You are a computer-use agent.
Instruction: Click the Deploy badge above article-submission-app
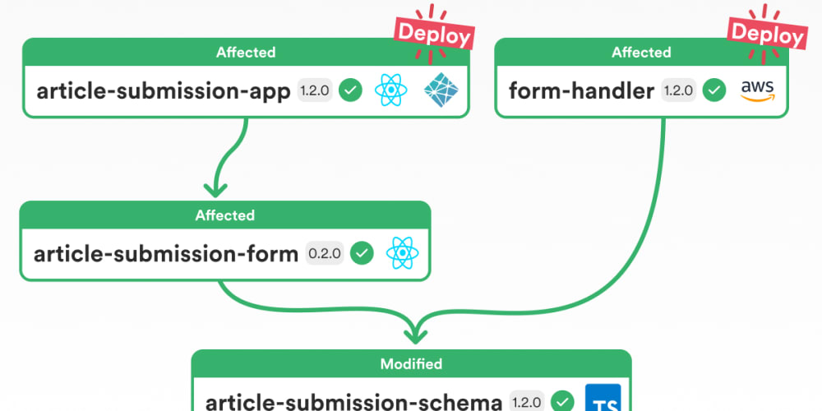click(x=435, y=34)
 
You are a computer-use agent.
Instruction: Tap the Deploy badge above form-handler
click(x=767, y=33)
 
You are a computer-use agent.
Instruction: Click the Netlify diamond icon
click(x=441, y=90)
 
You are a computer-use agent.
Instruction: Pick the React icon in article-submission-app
click(x=391, y=90)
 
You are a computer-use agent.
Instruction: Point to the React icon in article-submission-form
click(x=403, y=253)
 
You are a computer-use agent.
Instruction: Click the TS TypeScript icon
click(x=606, y=399)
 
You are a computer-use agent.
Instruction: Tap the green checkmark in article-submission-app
click(x=351, y=90)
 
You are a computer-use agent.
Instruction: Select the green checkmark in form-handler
click(x=713, y=90)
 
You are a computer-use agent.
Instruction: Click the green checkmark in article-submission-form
click(x=362, y=253)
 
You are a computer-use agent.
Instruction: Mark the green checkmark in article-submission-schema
click(x=562, y=402)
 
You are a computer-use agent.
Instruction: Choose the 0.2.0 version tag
click(x=325, y=253)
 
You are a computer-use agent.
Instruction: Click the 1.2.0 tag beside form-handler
click(x=678, y=90)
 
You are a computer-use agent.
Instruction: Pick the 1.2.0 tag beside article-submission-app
click(x=314, y=90)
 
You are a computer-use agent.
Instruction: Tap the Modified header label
click(x=411, y=363)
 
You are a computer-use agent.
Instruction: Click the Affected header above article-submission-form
click(x=224, y=215)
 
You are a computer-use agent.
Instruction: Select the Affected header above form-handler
click(x=641, y=53)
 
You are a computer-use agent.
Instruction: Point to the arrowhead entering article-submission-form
click(x=215, y=188)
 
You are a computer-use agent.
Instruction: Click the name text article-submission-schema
click(x=353, y=402)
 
